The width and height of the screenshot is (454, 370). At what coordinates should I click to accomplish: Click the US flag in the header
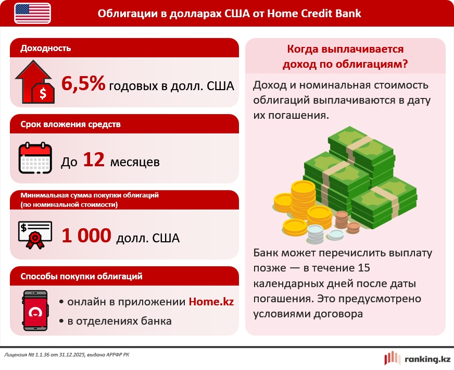point(32,14)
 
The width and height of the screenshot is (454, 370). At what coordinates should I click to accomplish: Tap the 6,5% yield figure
point(83,84)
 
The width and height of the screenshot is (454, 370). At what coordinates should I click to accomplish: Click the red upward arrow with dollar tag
point(35,82)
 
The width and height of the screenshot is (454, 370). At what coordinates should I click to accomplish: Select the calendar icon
point(35,158)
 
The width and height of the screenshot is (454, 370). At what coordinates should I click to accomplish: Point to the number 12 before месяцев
point(94,159)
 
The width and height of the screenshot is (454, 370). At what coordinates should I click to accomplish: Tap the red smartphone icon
point(35,311)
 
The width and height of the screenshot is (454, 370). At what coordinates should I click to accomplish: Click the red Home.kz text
point(211,302)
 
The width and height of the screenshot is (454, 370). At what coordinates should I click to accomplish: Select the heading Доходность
point(45,48)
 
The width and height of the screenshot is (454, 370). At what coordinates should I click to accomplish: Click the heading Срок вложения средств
point(70,125)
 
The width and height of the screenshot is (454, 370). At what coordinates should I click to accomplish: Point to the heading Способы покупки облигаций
point(81,276)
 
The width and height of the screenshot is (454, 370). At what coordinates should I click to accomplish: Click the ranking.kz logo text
point(427,359)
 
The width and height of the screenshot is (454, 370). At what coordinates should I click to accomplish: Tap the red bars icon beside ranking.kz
point(393,358)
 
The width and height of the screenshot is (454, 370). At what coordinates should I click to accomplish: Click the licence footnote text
point(67,355)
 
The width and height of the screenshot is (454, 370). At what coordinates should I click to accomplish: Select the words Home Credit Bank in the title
point(314,14)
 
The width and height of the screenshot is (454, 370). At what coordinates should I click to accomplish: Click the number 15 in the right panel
point(364,268)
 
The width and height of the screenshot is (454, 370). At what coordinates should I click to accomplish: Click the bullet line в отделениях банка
point(116,321)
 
